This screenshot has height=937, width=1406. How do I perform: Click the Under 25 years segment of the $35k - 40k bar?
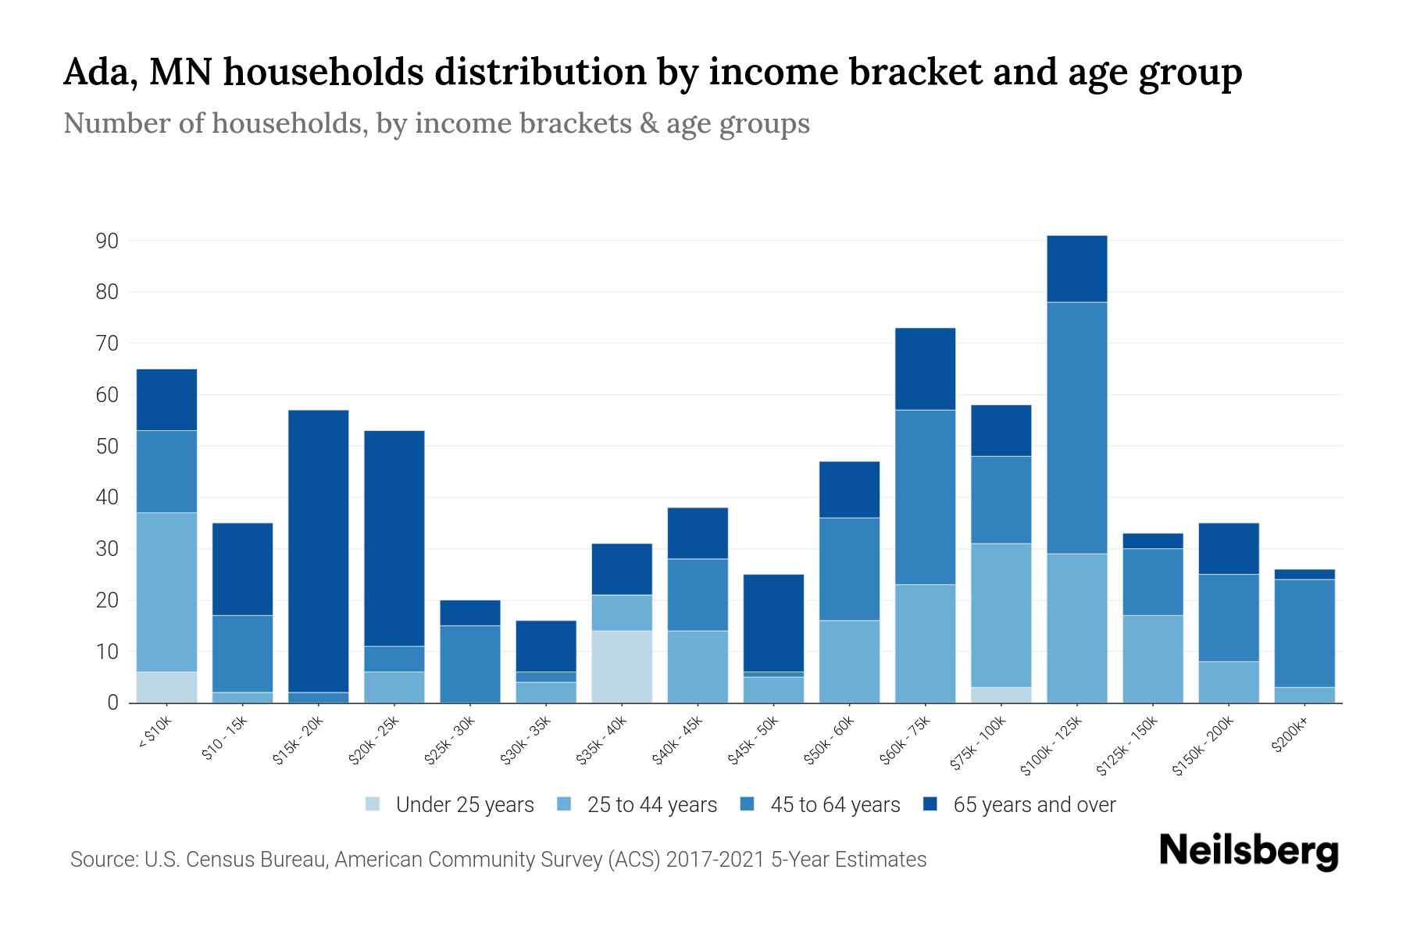point(622,666)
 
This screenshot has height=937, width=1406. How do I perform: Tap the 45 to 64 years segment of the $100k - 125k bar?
point(1077,428)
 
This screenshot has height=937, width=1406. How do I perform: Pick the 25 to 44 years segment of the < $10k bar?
point(166,592)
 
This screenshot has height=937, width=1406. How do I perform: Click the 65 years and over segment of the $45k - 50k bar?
point(773,623)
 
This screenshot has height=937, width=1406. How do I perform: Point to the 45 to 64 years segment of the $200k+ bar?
point(1304,632)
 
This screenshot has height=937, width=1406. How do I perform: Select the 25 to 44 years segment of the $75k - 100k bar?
point(1001,615)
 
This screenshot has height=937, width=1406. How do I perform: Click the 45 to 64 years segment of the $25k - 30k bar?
point(470,664)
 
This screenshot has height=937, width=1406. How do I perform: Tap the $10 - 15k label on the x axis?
point(225,738)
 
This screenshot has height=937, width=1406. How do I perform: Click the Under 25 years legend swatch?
point(373,804)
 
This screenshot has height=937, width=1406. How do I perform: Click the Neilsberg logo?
point(1248,851)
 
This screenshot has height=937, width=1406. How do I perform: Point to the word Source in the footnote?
point(101,860)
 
